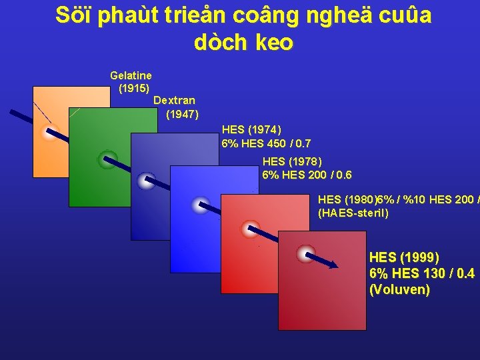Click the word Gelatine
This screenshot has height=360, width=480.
[x=131, y=76]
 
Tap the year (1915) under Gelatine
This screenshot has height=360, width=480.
[x=133, y=88]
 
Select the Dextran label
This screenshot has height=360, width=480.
[x=174, y=101]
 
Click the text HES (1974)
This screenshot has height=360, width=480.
[x=251, y=130]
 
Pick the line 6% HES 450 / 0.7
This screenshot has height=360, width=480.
[x=266, y=143]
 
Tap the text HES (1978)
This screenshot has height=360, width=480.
[x=292, y=161]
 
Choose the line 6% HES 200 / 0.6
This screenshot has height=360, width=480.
[x=307, y=175]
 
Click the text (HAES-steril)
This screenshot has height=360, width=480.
[x=353, y=213]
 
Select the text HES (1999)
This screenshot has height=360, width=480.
[x=404, y=257]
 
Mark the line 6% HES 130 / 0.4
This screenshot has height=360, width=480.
[x=421, y=273]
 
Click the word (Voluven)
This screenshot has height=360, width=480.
[x=399, y=289]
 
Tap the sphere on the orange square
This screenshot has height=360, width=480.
[x=49, y=132]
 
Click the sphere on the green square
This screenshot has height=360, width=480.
[x=107, y=159]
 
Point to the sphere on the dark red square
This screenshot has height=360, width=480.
[x=306, y=253]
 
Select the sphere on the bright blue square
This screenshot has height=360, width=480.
[x=200, y=205]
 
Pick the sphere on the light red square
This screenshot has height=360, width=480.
[x=250, y=229]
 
